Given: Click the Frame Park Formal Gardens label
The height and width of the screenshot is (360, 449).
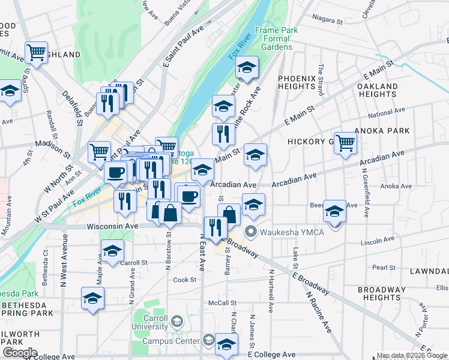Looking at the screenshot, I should [x=273, y=38].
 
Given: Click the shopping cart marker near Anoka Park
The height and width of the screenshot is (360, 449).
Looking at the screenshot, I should [x=346, y=143].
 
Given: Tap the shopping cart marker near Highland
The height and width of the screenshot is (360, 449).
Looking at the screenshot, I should [x=37, y=53].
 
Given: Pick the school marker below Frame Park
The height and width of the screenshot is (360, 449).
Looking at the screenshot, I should [x=246, y=67].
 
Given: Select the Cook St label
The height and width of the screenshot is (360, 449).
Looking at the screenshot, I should [x=184, y=280].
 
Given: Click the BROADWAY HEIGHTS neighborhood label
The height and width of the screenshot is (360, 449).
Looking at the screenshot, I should [x=382, y=293].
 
